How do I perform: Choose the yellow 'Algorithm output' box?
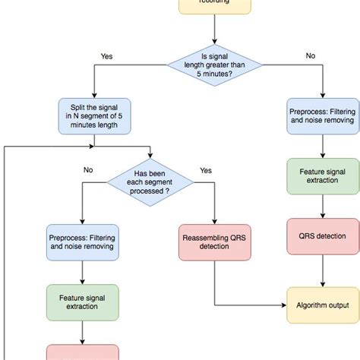click(x=321, y=306)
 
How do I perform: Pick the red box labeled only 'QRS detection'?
click(x=321, y=236)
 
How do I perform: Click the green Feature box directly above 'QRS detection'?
click(x=321, y=175)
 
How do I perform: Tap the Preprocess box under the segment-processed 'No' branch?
click(x=82, y=241)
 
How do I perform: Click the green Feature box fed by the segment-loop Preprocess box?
click(x=82, y=302)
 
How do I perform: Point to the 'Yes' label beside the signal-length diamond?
click(x=107, y=55)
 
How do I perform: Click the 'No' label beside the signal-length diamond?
click(x=309, y=55)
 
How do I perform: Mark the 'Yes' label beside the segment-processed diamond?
click(x=205, y=170)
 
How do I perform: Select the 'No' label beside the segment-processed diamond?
click(x=88, y=170)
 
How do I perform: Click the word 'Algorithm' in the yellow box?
click(x=308, y=306)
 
